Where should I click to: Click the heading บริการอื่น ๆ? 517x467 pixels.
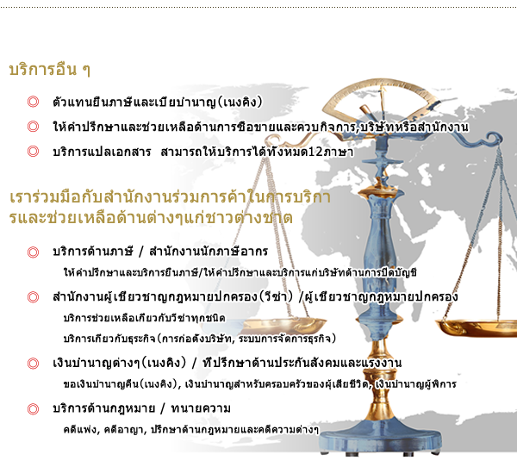tap(50, 69)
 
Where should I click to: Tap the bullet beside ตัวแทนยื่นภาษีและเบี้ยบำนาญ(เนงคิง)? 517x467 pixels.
tap(33, 102)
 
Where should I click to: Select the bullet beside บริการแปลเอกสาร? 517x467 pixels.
tap(33, 152)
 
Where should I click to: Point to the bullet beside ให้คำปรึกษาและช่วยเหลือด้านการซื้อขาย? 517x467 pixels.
tap(33, 127)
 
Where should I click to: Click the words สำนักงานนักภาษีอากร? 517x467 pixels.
tap(209, 252)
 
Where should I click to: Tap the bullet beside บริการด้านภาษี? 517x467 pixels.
tap(33, 252)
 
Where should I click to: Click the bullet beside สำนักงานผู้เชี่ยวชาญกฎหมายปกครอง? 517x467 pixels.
tap(33, 296)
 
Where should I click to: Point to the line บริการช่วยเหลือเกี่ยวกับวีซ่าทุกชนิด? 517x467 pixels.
tap(145, 318)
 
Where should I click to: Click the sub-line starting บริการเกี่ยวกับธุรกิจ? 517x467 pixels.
tap(200, 339)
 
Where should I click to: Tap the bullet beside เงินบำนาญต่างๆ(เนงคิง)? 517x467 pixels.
tap(33, 364)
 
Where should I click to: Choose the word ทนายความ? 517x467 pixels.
tap(201, 408)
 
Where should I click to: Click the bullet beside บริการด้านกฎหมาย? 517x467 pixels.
tap(33, 409)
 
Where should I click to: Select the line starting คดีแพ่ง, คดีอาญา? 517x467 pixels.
tap(191, 430)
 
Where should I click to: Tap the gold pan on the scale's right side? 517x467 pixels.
tap(477, 327)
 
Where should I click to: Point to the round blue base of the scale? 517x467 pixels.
tap(381, 435)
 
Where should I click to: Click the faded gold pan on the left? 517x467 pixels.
tap(280, 325)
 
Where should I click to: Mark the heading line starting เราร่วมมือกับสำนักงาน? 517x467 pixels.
tap(170, 197)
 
